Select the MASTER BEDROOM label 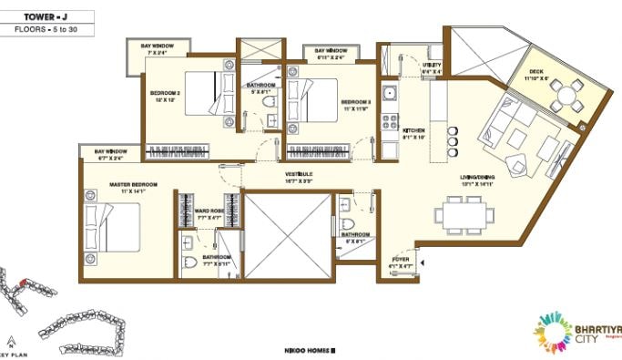point(133,185)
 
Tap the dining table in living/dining point(464,215)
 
